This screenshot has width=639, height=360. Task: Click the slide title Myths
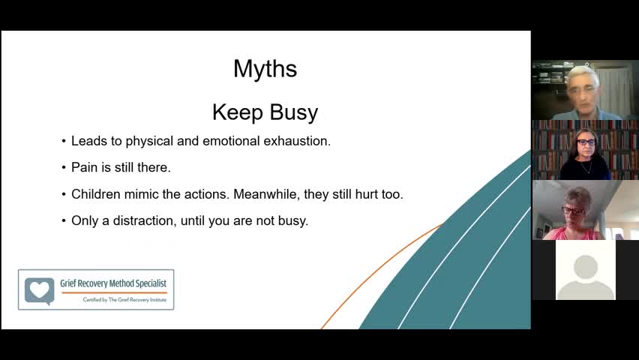(x=265, y=69)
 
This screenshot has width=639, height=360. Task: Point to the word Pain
(x=84, y=167)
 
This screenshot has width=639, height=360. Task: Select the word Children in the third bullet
(x=96, y=194)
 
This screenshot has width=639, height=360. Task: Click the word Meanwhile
(x=266, y=194)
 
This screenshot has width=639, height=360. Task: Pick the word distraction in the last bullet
(x=145, y=220)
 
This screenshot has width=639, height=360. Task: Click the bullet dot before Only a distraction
(x=64, y=221)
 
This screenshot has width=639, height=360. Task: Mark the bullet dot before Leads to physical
(x=64, y=142)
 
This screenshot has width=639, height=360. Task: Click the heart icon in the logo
(x=40, y=290)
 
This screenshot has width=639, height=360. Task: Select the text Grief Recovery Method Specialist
(x=113, y=283)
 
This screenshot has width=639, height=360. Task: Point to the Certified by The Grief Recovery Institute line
(x=124, y=300)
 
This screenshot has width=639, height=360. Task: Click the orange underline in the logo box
(x=114, y=292)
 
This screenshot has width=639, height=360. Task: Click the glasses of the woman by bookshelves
(x=586, y=142)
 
